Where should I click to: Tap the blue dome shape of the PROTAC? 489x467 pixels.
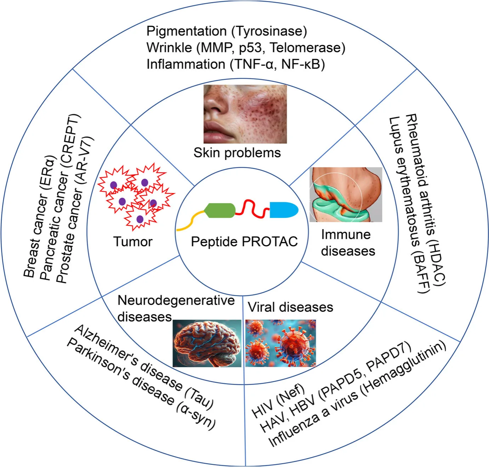point(283,210)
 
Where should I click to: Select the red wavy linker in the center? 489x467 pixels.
point(252,209)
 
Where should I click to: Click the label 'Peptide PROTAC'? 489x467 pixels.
point(244,242)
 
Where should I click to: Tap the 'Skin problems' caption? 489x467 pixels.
point(237,153)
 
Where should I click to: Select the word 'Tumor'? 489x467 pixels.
point(133,242)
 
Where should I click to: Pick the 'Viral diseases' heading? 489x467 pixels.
point(290,307)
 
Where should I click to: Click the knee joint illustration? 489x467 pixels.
point(345,195)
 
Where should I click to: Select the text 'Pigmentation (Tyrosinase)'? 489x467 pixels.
point(227,31)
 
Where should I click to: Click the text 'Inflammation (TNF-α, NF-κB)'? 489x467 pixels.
point(235,64)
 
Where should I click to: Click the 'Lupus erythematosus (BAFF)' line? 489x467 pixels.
point(409,205)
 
